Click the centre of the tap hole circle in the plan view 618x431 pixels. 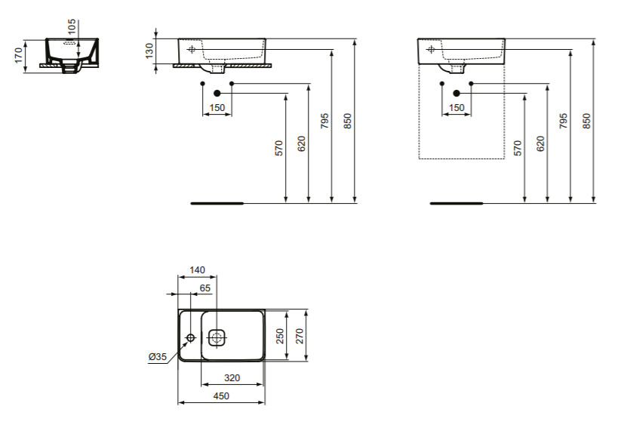tap(191, 337)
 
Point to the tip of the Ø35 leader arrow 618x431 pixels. tap(188, 343)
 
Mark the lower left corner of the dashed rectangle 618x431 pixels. tap(419, 159)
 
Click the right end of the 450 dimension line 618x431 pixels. tap(264, 402)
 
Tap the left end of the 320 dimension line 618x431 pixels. tap(201, 384)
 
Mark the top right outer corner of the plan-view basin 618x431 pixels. tap(264, 309)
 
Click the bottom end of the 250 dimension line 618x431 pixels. tap(287, 359)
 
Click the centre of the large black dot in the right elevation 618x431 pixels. tap(457, 93)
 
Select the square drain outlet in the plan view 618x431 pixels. tap(217, 337)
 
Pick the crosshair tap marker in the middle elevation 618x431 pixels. tap(192, 49)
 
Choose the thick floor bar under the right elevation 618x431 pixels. tap(456, 204)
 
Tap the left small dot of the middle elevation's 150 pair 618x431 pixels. tap(202, 84)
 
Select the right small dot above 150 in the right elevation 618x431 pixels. tap(471, 84)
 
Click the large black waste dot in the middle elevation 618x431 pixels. tap(217, 93)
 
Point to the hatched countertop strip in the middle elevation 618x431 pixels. tap(223, 66)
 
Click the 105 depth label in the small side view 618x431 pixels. tap(72, 27)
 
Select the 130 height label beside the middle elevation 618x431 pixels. tap(149, 51)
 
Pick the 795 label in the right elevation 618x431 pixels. tap(564, 121)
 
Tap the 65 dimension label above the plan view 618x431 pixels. tap(205, 288)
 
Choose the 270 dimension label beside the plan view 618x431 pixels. tap(300, 336)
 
